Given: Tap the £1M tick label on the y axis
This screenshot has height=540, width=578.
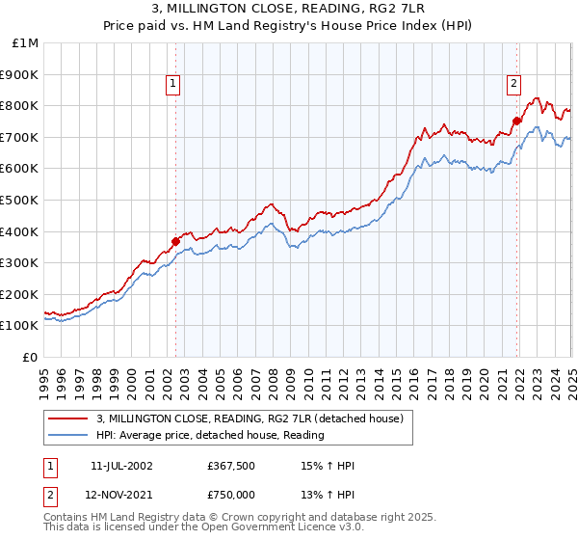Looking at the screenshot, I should point(26,43).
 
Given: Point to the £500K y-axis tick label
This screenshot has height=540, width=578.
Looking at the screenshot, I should point(21,201).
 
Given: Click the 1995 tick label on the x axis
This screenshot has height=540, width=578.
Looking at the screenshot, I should point(44,376).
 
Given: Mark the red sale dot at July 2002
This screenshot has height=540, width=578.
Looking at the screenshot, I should point(175,241).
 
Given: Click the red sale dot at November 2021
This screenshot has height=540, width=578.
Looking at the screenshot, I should point(517,121).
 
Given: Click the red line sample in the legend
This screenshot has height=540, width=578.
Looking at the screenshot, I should point(68,418).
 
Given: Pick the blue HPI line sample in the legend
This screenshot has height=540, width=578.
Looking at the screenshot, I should point(68,435).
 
